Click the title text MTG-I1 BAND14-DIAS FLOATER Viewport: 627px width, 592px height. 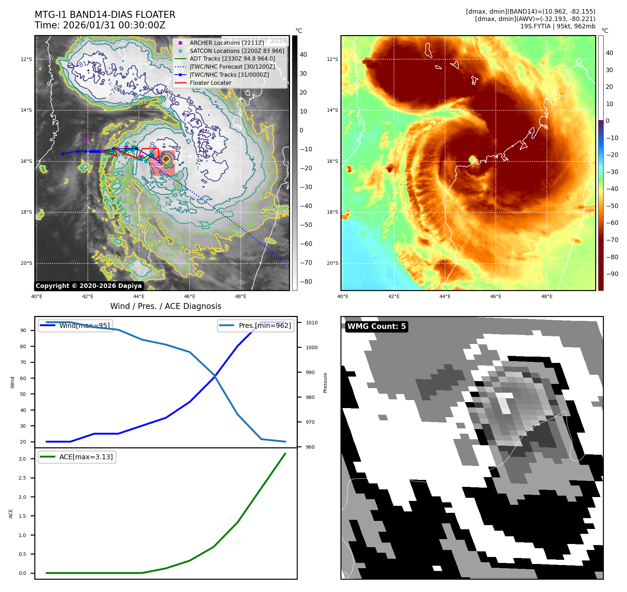coord(105,15)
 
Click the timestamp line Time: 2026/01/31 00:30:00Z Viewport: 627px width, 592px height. coord(100,25)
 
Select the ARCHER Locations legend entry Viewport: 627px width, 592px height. coord(227,43)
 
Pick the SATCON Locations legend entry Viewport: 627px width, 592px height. coord(237,51)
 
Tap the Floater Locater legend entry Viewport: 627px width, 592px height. coord(210,83)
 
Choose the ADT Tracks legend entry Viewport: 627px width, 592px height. coord(232,59)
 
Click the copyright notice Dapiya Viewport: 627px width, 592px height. coord(89,286)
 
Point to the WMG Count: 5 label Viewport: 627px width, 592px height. coord(376,326)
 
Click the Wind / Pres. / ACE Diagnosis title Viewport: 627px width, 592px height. coord(166,306)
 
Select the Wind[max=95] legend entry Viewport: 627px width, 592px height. coord(84,325)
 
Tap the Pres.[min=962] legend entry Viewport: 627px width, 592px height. coord(265,325)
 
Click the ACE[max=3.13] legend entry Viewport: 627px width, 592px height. coord(86,457)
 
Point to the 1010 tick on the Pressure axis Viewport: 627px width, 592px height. coord(312,323)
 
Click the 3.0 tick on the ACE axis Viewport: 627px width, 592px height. coord(22,459)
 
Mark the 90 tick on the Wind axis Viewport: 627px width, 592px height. coord(23,330)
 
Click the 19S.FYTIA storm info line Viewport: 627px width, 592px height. coord(557,26)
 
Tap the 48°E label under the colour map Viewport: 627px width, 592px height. coord(547,296)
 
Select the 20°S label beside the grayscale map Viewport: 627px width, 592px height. coord(26,263)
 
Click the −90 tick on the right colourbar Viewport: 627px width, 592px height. coord(612,274)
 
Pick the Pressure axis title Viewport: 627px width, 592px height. coord(325,383)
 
